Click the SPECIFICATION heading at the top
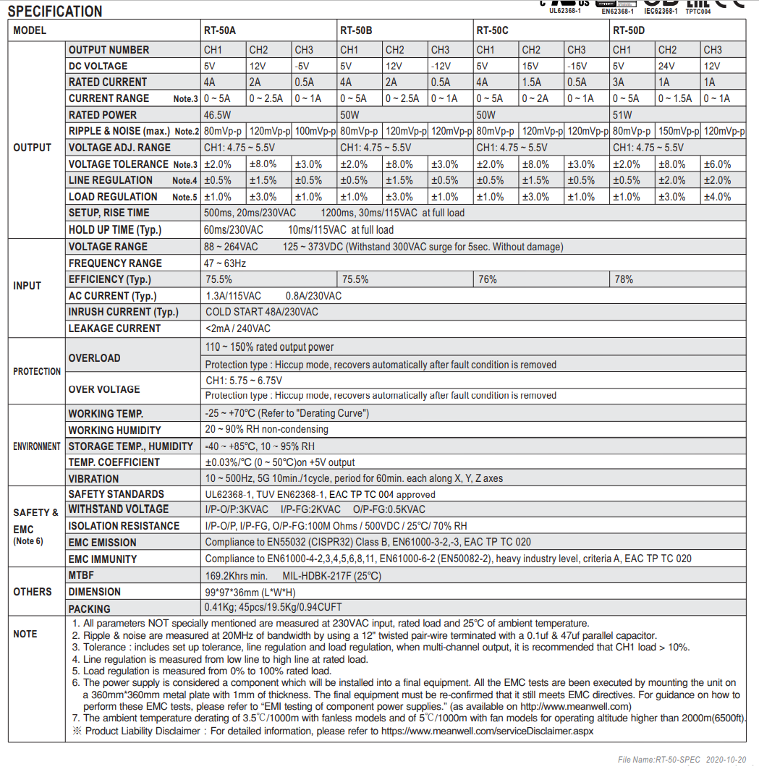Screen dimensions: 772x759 [55, 12]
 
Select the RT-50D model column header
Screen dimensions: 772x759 [629, 30]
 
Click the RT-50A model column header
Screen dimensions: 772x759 [220, 30]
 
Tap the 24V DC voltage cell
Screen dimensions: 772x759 [667, 66]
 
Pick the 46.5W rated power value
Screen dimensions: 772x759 [218, 115]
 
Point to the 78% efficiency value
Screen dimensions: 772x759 [624, 279]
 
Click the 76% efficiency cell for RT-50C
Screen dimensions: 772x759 [487, 279]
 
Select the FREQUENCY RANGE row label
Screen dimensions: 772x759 [115, 263]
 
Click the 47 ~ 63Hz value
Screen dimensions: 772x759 [226, 263]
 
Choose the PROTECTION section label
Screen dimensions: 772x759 [37, 371]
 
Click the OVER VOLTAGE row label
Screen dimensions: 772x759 [104, 389]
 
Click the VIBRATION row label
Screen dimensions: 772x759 [94, 478]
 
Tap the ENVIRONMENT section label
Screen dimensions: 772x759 [37, 446]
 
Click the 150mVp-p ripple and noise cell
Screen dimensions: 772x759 [678, 131]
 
